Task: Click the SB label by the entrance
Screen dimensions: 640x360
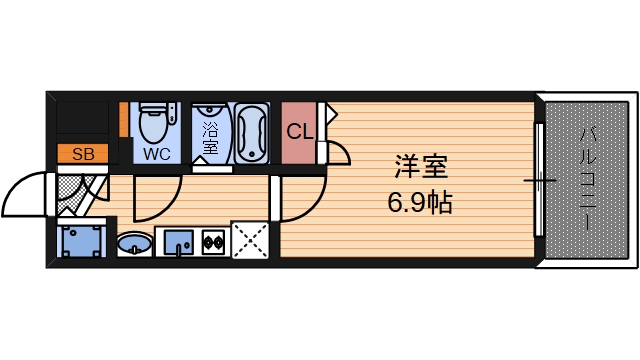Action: pos(84,154)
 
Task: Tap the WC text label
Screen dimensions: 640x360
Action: pos(155,154)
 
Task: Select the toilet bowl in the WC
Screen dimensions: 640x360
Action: pos(153,124)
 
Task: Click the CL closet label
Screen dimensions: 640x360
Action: pos(300,131)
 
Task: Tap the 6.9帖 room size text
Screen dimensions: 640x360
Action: pos(419,204)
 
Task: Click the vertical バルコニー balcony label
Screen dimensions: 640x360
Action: pos(586,180)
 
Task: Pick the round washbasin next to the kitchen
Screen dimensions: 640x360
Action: pos(134,243)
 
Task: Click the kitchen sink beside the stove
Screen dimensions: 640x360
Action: pos(177,242)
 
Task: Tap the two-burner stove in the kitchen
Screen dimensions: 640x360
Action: pos(213,241)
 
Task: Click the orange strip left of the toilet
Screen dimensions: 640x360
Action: pos(124,119)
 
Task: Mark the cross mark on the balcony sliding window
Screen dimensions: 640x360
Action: pos(540,181)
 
